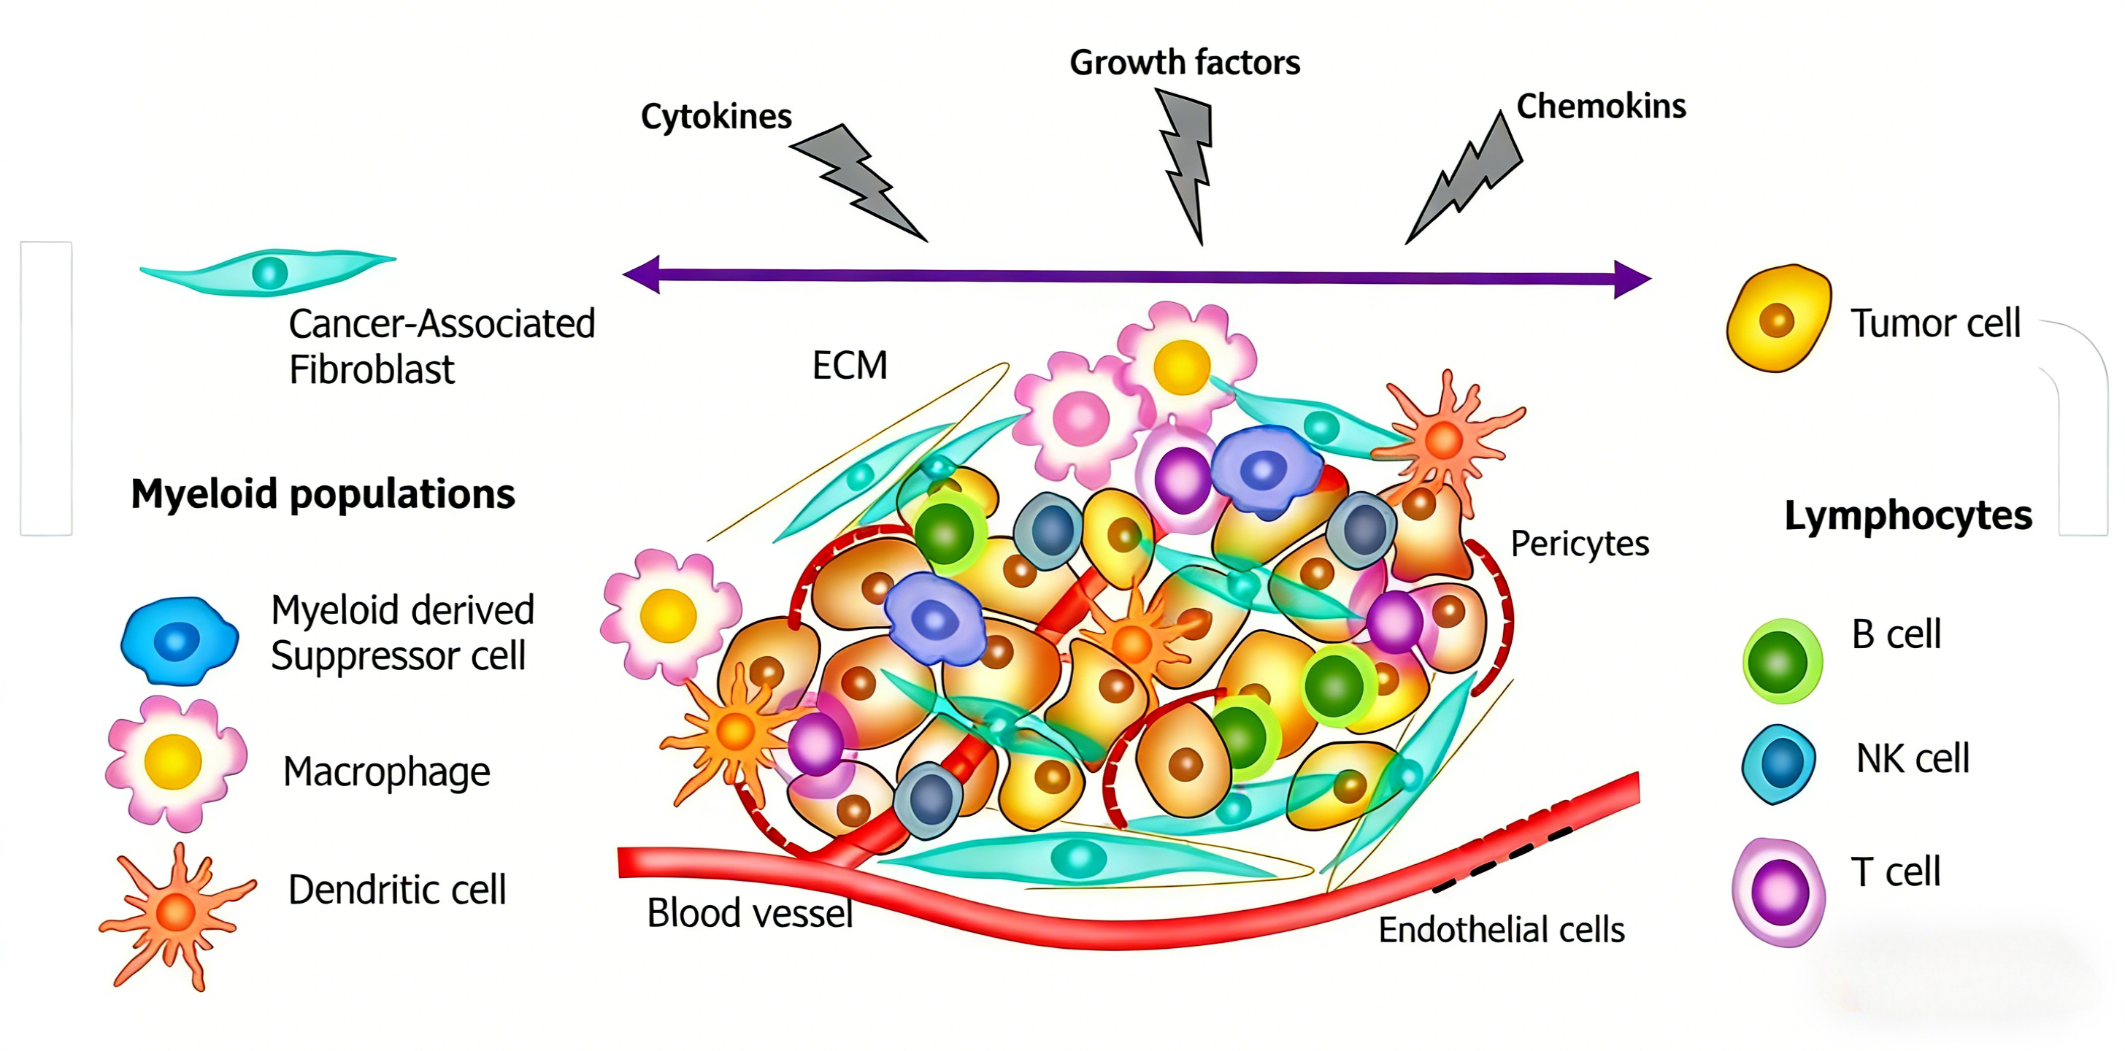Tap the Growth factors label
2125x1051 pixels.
point(1185,63)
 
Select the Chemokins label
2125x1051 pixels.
point(1601,107)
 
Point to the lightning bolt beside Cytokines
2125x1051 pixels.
point(858,182)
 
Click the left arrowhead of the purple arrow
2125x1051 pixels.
point(642,274)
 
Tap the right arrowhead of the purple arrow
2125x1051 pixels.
point(1632,279)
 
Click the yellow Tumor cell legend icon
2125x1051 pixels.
point(1778,318)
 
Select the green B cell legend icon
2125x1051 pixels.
point(1782,661)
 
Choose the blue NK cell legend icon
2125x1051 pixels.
point(1780,764)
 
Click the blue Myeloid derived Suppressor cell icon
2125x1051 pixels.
point(178,640)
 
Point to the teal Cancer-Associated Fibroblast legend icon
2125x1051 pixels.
point(268,272)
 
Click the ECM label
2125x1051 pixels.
point(850,366)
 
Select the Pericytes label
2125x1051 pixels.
point(1580,544)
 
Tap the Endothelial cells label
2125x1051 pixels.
point(1502,930)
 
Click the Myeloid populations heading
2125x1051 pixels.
point(323,494)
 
